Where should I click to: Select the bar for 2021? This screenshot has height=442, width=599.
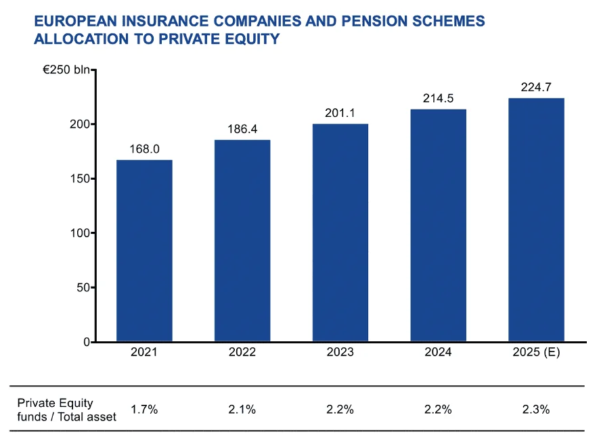pos(144,251)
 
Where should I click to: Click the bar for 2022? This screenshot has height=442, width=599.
pos(242,241)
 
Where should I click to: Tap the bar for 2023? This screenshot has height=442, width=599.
pos(340,232)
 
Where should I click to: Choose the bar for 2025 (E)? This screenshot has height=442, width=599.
pos(536,220)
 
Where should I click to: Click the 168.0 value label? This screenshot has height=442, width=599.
pos(144,149)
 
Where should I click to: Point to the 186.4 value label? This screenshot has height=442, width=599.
pos(242,129)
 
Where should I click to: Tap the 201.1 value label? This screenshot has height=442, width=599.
pos(340,113)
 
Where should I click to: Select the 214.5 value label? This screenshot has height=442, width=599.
pos(438,99)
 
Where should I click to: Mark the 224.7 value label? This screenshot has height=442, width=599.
pos(536,87)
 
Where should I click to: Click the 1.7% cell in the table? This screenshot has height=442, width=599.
pos(144,410)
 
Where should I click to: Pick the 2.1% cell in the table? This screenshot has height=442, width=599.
pos(242,410)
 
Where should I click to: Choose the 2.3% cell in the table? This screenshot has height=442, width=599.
pos(536,410)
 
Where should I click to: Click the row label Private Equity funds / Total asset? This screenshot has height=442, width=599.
pos(66,410)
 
